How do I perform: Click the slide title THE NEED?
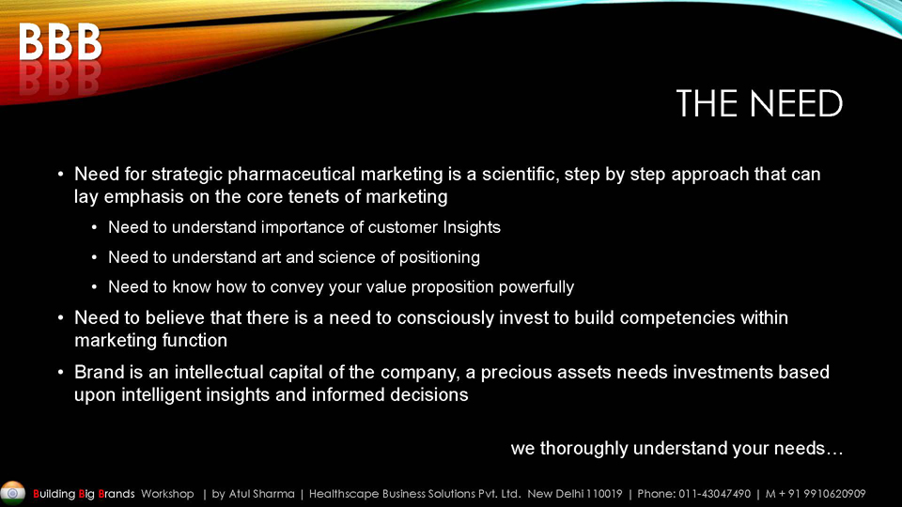pyautogui.click(x=759, y=103)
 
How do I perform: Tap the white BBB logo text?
pyautogui.click(x=60, y=41)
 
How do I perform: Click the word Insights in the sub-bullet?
pyautogui.click(x=472, y=227)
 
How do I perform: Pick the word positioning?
pyautogui.click(x=440, y=257)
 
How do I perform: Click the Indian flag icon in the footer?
pyautogui.click(x=12, y=493)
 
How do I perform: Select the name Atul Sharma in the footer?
pyautogui.click(x=262, y=494)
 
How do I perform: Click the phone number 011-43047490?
pyautogui.click(x=714, y=494)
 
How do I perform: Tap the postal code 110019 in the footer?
pyautogui.click(x=604, y=494)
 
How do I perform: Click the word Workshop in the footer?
pyautogui.click(x=167, y=494)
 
